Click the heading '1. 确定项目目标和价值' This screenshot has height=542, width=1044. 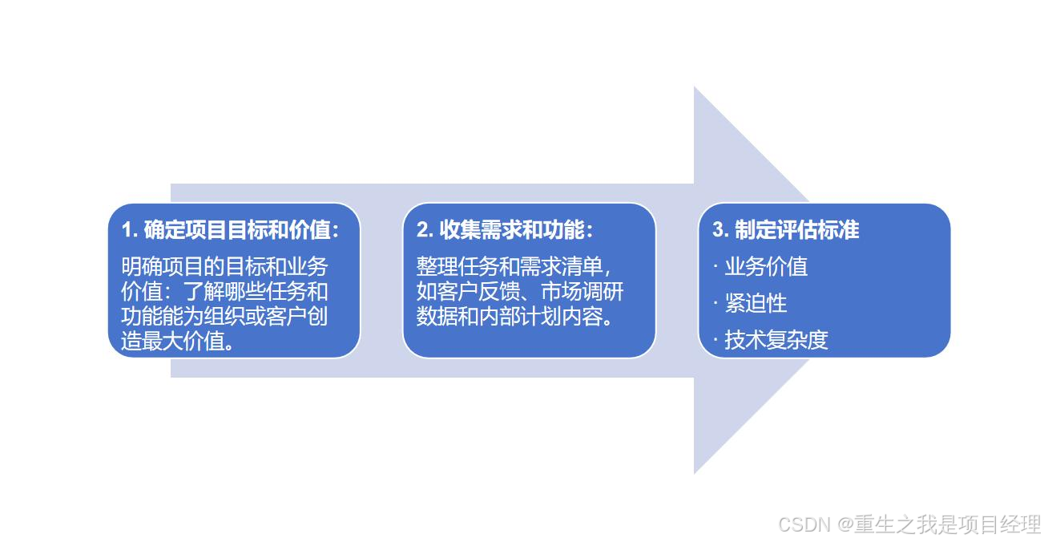[230, 230]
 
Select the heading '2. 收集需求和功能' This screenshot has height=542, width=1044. [505, 230]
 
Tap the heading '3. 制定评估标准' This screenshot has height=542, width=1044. [785, 230]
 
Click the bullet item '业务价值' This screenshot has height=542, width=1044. [765, 266]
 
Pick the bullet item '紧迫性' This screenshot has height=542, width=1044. [755, 303]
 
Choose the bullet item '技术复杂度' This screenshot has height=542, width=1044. [776, 340]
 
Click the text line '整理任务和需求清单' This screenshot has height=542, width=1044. [513, 266]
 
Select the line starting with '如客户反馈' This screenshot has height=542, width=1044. [519, 291]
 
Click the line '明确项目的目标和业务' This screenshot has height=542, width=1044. [224, 266]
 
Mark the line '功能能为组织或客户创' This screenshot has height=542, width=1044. [224, 316]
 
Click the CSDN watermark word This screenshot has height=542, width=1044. [804, 524]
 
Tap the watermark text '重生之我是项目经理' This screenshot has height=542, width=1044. [945, 524]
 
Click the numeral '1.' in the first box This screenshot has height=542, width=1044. [130, 230]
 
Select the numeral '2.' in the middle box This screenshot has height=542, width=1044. [425, 230]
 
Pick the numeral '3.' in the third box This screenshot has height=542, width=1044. [720, 230]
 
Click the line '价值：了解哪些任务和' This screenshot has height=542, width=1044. [224, 291]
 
